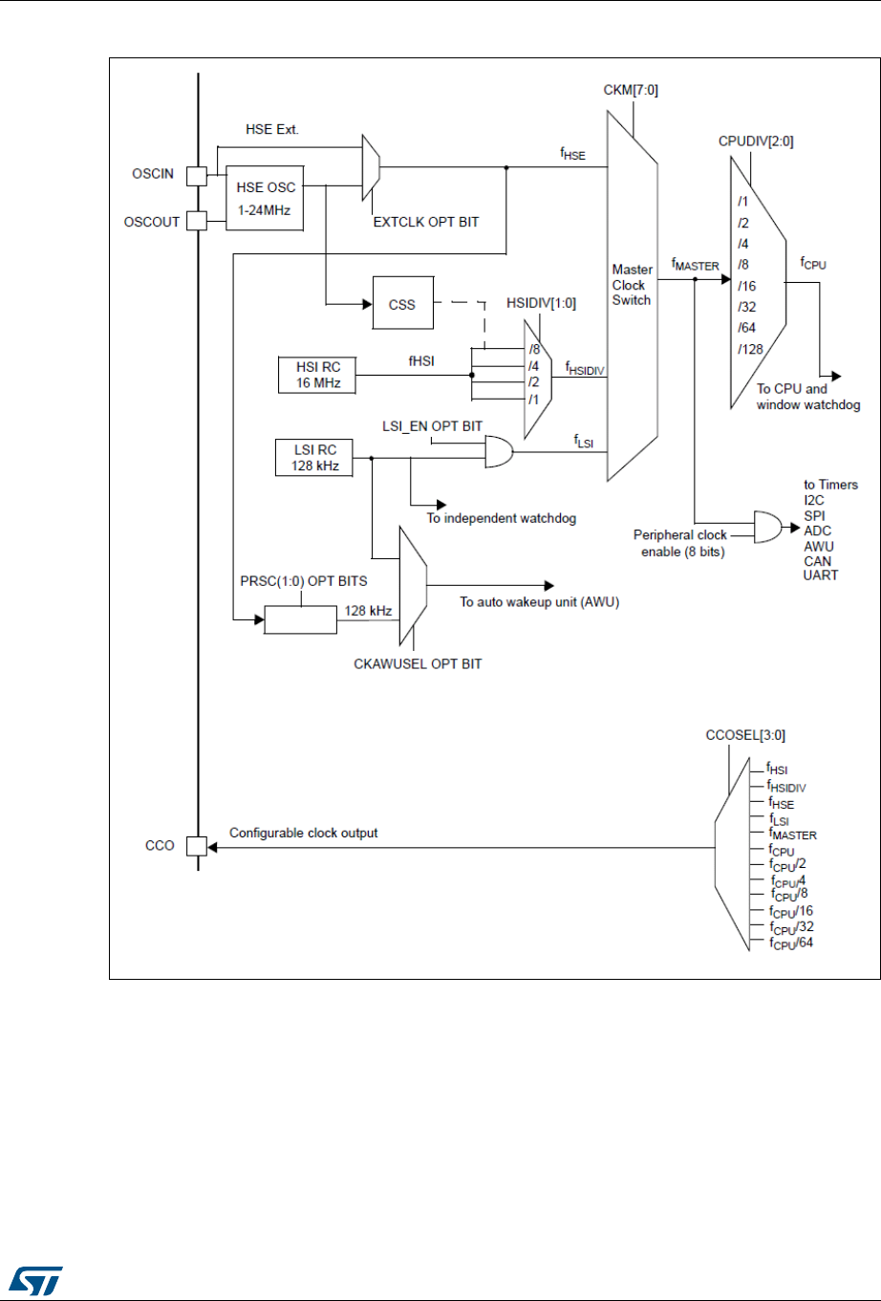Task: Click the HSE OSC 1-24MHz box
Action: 264,196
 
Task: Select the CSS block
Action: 402,304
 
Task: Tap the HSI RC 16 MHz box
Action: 318,375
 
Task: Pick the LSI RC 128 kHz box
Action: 310,458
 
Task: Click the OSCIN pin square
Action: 196,176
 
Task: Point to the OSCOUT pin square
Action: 196,221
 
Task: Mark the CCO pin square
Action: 196,846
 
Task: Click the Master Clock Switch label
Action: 632,285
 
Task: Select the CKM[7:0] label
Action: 631,91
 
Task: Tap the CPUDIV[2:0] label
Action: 755,141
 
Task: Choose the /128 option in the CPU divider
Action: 751,349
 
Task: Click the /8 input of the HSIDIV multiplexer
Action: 534,350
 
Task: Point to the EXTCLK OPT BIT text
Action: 425,222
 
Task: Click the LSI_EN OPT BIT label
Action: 432,426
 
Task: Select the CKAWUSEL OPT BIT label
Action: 418,663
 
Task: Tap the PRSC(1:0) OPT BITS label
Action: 303,581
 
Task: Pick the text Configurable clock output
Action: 303,834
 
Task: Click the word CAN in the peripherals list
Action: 817,561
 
